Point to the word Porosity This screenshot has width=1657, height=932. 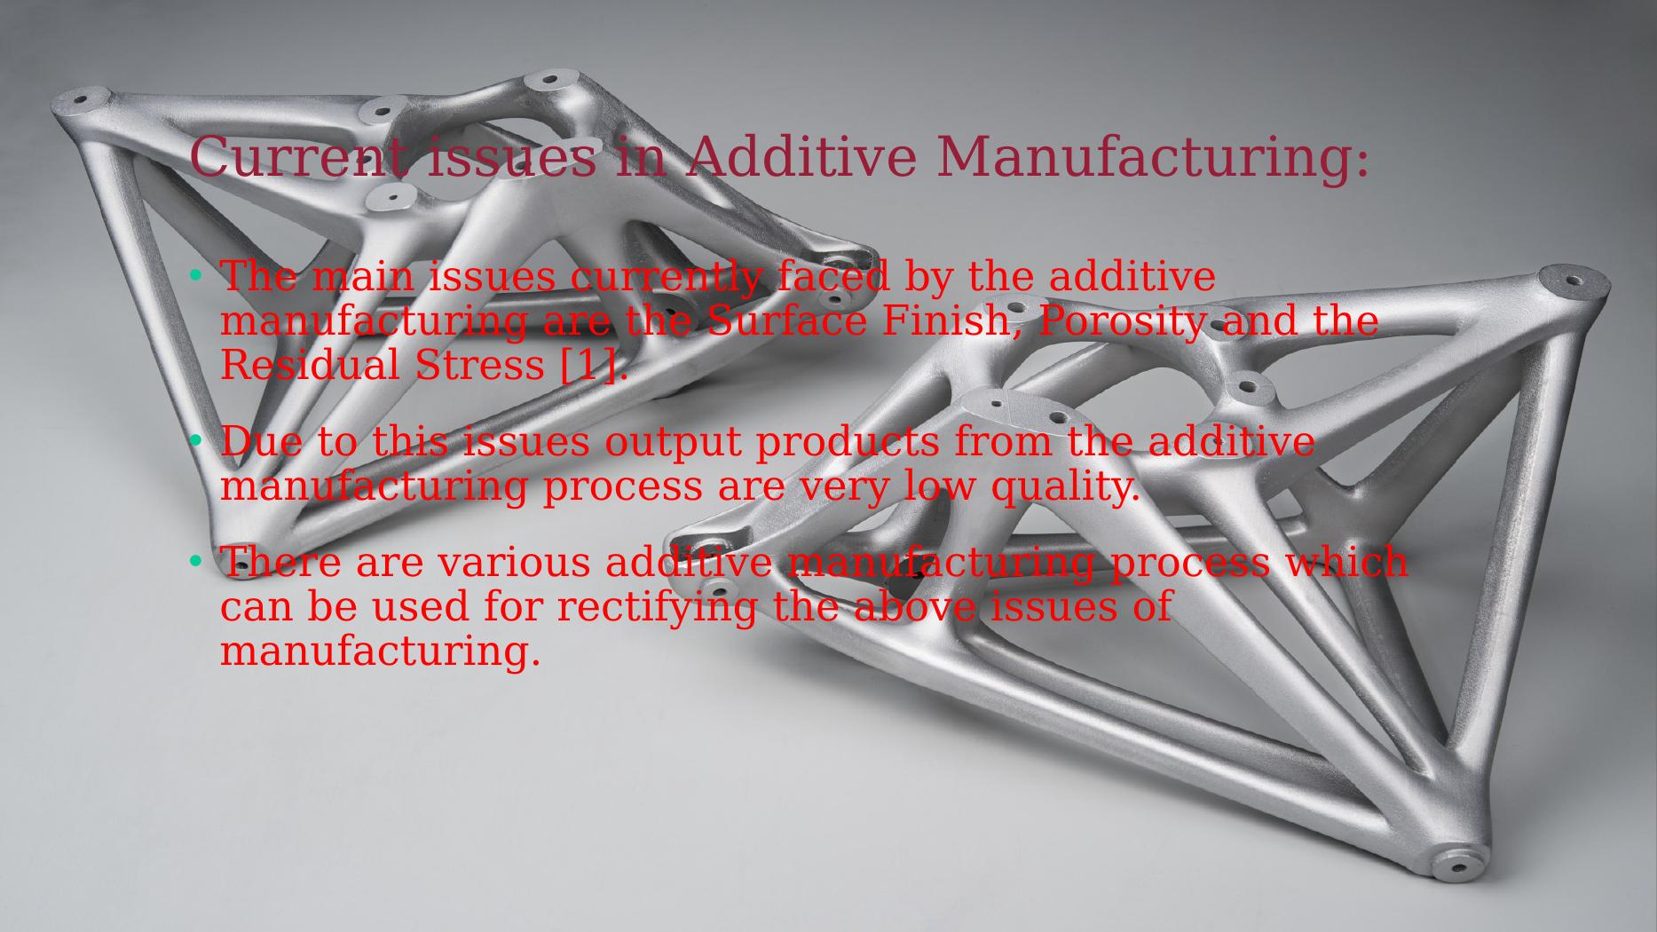coord(1122,320)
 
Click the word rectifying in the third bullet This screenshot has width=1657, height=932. coord(657,607)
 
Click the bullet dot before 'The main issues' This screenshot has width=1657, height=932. coord(197,276)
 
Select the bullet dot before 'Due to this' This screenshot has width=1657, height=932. coord(197,441)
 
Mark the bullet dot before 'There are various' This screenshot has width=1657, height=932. coord(197,562)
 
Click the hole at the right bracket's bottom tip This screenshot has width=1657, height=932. coord(1458,865)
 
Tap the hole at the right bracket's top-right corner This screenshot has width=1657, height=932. coord(1574,280)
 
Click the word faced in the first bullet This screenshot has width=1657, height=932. coord(832,277)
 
